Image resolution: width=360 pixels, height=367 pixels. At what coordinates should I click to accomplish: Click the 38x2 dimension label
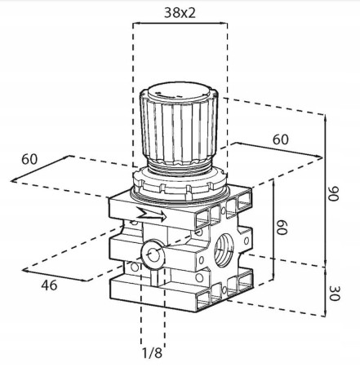tap(180, 12)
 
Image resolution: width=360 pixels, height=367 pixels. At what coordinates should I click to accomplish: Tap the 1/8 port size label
tap(152, 353)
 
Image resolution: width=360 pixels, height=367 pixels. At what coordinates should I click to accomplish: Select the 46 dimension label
tap(49, 285)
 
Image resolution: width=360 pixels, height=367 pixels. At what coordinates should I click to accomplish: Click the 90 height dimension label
tap(333, 194)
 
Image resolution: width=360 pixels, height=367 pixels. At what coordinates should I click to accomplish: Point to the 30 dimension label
tap(335, 293)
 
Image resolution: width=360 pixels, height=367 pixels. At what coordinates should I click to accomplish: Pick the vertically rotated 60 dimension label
tap(282, 228)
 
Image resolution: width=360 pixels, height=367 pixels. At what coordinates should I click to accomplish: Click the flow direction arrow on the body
tap(151, 214)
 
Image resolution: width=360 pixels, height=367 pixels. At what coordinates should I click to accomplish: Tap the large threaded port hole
tap(224, 249)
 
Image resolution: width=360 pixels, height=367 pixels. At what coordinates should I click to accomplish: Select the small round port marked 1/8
tap(153, 254)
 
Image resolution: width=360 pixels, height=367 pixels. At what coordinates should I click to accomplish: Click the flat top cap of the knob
tap(180, 92)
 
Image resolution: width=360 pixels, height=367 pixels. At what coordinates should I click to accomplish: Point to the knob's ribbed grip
tap(179, 129)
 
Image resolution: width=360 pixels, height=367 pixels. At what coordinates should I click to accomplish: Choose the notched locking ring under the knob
tap(180, 183)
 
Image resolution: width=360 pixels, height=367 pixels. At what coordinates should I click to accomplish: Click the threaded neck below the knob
tap(179, 167)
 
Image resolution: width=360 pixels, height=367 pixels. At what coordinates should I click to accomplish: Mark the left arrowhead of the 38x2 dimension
tap(134, 24)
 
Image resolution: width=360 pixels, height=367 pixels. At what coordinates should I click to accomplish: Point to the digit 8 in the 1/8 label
tap(158, 353)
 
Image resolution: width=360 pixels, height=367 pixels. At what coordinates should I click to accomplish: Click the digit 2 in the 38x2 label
tap(191, 12)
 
